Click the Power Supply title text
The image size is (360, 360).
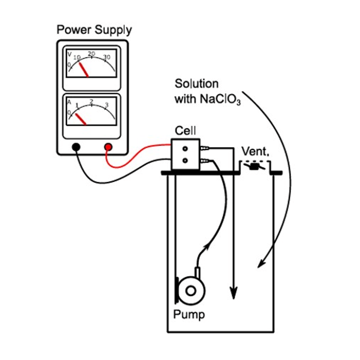94,30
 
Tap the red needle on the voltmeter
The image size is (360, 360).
84,70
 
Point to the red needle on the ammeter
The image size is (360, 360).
81,119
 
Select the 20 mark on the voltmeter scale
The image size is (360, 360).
91,54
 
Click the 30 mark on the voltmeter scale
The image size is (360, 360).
107,57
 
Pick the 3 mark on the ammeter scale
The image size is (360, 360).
107,105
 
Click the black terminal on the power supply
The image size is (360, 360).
76,147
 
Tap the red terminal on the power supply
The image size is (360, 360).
108,147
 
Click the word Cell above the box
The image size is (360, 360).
185,131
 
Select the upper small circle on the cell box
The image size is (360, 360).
185,149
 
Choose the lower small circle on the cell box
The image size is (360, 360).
185,161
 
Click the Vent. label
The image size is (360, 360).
255,151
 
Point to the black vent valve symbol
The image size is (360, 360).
254,166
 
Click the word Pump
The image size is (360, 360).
189,315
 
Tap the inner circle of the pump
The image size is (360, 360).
191,291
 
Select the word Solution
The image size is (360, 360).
196,84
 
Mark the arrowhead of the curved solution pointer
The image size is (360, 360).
261,263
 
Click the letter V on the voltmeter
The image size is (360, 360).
69,54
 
